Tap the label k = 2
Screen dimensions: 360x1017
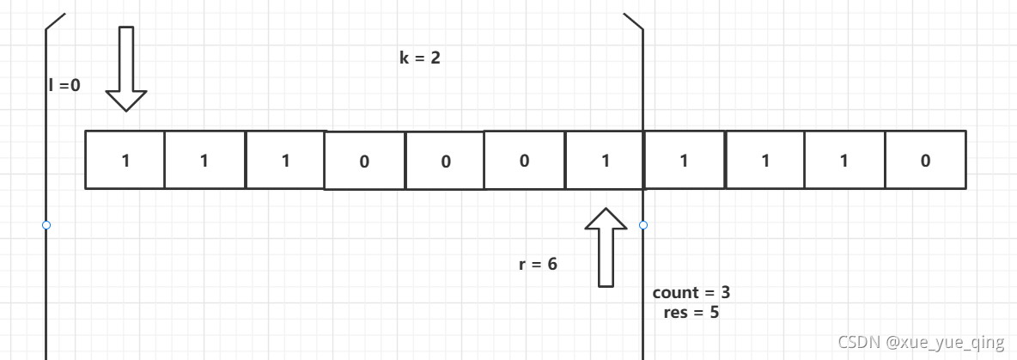pos(420,59)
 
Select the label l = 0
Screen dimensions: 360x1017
pos(64,84)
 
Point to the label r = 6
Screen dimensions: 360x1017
pos(539,264)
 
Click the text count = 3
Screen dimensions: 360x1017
pos(691,292)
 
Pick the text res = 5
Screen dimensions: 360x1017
pos(691,312)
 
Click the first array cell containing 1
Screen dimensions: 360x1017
pos(125,160)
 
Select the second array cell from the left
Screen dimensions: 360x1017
pos(204,160)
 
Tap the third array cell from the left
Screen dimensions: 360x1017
pos(285,160)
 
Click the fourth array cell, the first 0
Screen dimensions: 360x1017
pos(364,161)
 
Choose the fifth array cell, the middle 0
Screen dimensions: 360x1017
pos(445,161)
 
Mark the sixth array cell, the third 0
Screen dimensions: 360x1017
pos(525,161)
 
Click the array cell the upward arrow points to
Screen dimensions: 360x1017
pos(605,161)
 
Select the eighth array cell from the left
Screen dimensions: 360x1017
pos(685,160)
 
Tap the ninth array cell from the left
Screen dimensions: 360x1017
pos(765,160)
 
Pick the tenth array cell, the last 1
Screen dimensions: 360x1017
pos(845,160)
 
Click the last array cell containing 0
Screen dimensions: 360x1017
pos(925,160)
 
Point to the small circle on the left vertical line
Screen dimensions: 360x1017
pos(46,225)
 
